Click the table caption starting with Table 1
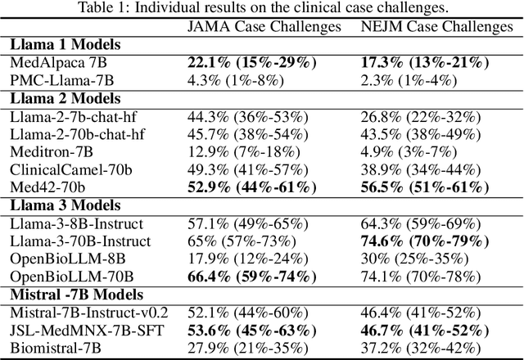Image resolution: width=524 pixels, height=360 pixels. coord(262,9)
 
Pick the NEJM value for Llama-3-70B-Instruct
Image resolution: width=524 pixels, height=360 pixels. coord(435,240)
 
